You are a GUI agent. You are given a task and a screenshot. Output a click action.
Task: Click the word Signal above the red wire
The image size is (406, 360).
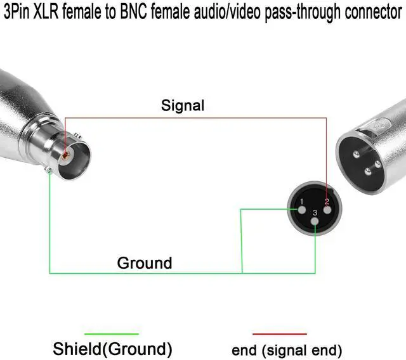click(x=183, y=105)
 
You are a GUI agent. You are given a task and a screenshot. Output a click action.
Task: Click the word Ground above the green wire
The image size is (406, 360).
click(x=144, y=262)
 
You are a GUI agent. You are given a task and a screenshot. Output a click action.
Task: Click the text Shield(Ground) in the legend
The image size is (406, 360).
click(x=112, y=348)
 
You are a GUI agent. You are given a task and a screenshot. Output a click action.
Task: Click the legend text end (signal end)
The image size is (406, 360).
click(x=287, y=349)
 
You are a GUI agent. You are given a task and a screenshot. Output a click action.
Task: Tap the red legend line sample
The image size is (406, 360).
click(x=279, y=333)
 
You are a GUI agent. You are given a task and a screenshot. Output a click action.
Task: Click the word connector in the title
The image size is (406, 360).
click(x=371, y=13)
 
